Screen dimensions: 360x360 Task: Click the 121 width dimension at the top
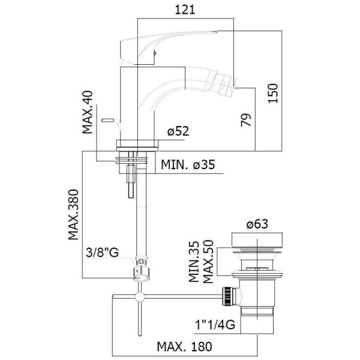click(x=185, y=10)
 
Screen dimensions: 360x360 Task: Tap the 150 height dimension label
click(x=273, y=93)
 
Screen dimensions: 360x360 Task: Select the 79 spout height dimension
click(x=246, y=119)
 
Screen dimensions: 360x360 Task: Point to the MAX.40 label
click(x=88, y=112)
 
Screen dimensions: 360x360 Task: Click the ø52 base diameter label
click(x=178, y=131)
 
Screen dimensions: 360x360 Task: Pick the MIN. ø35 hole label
click(x=188, y=164)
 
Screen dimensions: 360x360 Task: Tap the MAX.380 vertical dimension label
click(x=73, y=214)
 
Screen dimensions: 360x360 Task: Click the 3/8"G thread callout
click(x=102, y=253)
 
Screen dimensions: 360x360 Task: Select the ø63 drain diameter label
click(x=257, y=224)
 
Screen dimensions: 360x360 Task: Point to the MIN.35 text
click(x=194, y=262)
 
